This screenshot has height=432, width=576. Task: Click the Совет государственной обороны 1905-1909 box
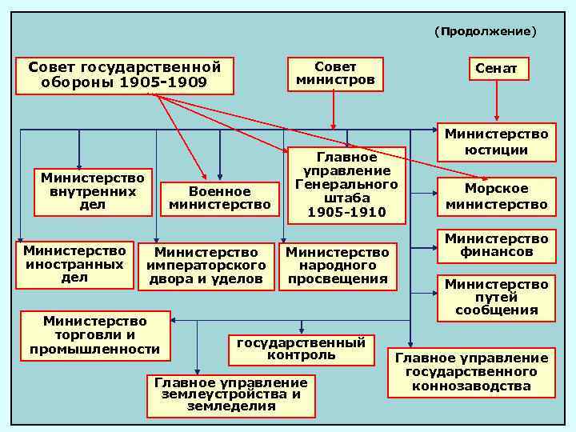[124, 75]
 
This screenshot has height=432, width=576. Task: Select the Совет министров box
[335, 73]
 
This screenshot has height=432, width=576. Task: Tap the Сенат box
[496, 69]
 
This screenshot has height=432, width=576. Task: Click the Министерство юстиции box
[496, 142]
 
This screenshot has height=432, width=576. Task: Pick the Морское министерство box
[496, 196]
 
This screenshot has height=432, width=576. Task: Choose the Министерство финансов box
[496, 246]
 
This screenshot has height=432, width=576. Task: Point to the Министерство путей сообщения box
[496, 297]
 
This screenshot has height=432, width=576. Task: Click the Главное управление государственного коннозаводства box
[471, 372]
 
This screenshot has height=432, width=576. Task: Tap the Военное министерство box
[219, 198]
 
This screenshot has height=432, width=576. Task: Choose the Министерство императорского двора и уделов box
[206, 266]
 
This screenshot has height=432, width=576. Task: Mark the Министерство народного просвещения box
[337, 266]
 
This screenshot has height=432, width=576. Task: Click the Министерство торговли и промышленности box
[94, 335]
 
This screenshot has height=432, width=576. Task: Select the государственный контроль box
[301, 348]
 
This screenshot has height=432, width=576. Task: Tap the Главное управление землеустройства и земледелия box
[230, 394]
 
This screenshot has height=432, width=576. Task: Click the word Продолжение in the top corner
[486, 31]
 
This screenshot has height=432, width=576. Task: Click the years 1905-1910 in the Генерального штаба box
[346, 212]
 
